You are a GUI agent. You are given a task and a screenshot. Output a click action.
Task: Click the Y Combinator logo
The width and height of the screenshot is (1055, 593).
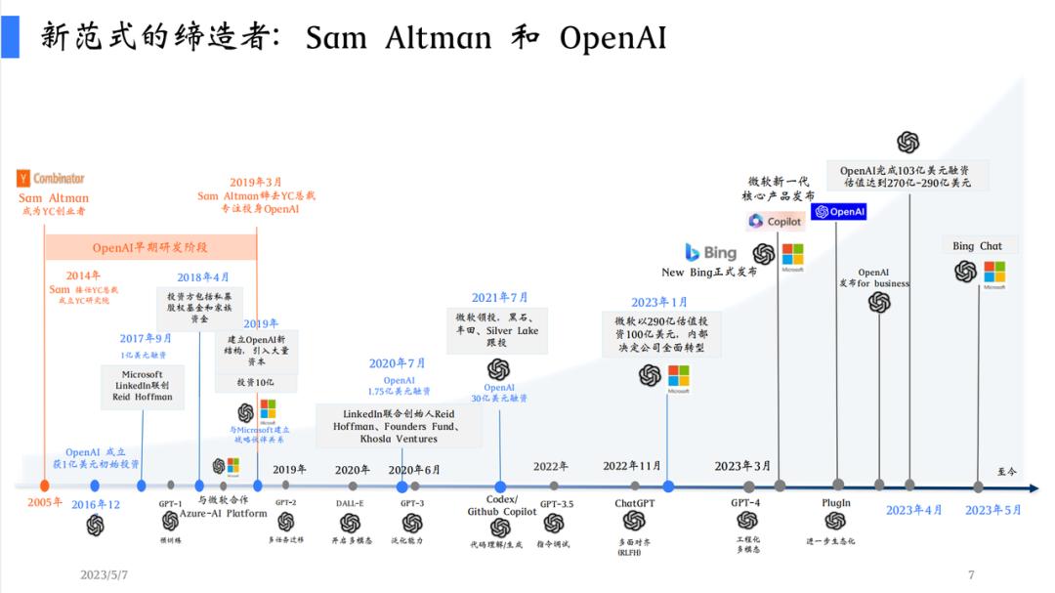(x=52, y=179)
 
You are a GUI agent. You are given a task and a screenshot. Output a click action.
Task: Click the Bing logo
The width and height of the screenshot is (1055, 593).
(x=711, y=252)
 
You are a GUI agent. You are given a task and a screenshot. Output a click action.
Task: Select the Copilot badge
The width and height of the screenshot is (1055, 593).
(x=775, y=221)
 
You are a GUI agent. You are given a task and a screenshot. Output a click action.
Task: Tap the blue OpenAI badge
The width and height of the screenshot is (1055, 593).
(x=839, y=211)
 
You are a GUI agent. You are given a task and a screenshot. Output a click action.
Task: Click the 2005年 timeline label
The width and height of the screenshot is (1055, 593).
(x=44, y=502)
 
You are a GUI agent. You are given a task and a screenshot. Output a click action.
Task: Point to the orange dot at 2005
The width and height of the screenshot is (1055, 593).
(x=44, y=486)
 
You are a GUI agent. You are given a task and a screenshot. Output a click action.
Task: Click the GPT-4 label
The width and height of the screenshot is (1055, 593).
(x=745, y=502)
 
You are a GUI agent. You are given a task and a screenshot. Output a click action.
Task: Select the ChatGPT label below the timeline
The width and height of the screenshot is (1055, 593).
(x=633, y=503)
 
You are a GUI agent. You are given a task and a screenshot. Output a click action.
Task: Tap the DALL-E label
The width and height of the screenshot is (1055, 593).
(x=351, y=503)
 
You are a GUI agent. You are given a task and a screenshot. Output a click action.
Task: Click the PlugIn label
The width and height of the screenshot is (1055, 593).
(x=836, y=503)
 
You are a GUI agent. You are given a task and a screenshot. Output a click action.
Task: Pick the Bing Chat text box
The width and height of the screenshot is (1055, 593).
(x=978, y=246)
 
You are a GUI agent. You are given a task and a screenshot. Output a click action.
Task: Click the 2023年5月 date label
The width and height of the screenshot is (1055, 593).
(x=992, y=510)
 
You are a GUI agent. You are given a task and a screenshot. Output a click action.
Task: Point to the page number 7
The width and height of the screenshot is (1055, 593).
(x=971, y=574)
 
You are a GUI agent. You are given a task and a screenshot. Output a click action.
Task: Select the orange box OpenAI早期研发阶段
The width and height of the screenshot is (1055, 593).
(x=150, y=247)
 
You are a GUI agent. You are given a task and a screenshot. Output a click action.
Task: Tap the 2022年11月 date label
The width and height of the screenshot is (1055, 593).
(x=632, y=466)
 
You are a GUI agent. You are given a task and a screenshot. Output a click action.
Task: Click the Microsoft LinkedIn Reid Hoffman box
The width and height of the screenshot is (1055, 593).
(x=143, y=386)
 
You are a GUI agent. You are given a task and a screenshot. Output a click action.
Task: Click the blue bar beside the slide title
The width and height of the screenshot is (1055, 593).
(x=10, y=36)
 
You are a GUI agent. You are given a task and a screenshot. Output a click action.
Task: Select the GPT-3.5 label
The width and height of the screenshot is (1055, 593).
(x=557, y=503)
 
